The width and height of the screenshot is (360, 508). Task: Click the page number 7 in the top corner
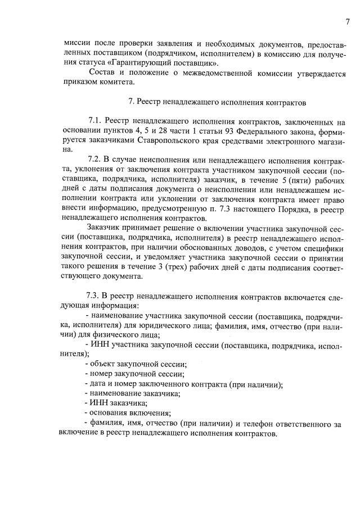click(x=348, y=22)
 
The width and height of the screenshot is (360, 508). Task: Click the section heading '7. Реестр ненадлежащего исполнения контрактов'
click(x=217, y=103)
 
